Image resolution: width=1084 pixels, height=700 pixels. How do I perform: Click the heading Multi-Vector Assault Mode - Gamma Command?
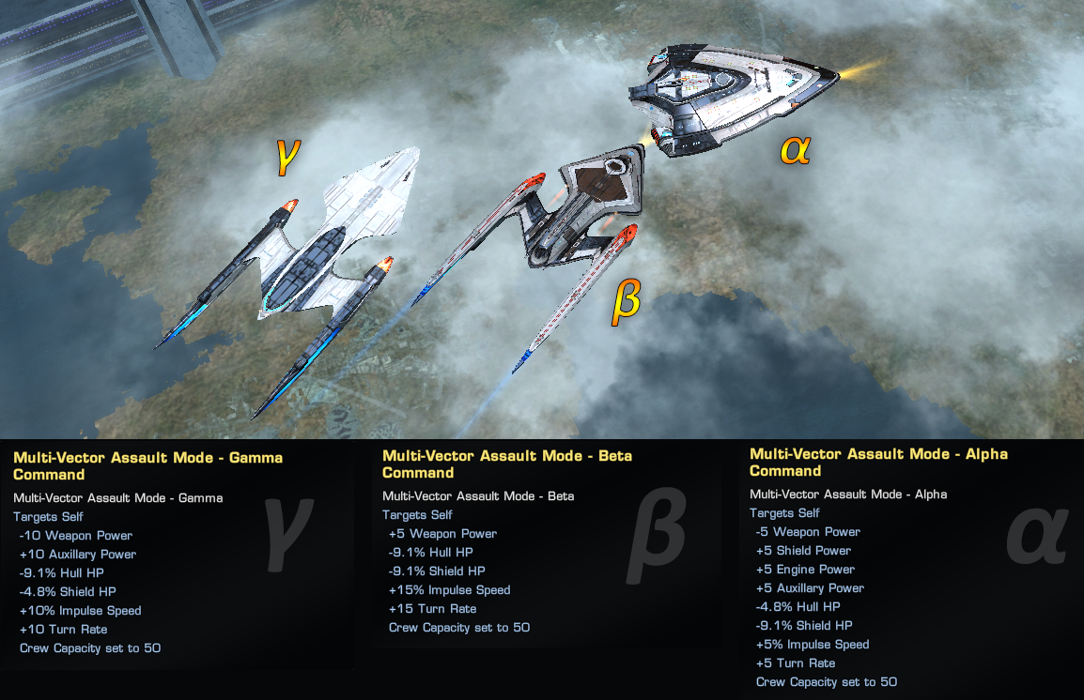147,465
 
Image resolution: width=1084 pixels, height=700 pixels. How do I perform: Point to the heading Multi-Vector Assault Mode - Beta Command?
507,464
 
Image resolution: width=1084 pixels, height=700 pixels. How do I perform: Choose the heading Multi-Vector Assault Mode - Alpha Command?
878,462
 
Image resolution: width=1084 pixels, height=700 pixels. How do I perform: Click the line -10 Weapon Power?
76,536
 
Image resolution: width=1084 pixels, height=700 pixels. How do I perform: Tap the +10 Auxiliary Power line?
78,555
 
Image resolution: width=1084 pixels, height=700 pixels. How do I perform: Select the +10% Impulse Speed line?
80,611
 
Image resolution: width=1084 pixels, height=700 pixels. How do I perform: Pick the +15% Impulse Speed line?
449,590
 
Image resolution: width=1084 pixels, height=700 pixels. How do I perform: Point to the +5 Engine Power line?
805,570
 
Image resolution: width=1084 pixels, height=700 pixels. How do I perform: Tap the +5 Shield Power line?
803,551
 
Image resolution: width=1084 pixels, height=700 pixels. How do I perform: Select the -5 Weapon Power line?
808,532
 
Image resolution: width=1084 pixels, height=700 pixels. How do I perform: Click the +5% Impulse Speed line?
813,645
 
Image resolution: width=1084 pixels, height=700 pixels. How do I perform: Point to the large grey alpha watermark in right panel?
1037,535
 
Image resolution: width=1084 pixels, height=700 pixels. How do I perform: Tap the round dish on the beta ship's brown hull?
615,167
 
